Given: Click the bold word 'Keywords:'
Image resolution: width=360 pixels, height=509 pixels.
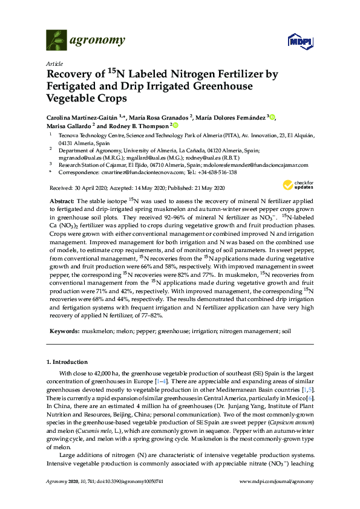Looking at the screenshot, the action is pos(62,332).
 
